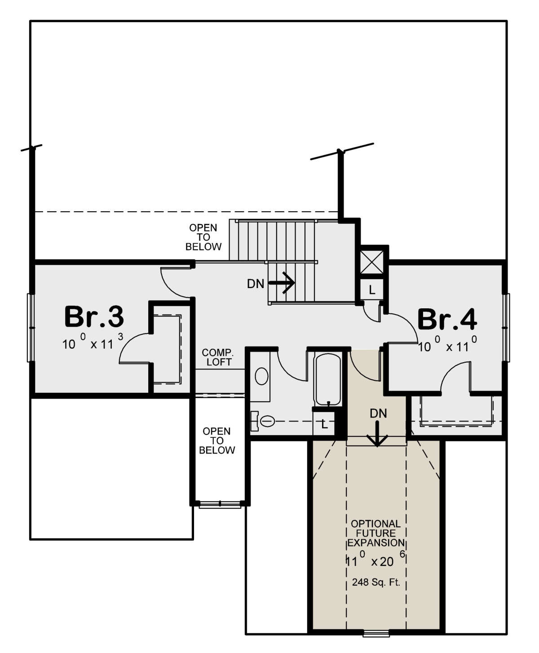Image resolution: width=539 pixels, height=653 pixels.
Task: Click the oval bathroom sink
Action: [x=261, y=376]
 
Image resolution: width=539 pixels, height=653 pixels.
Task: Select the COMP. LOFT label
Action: [x=217, y=357]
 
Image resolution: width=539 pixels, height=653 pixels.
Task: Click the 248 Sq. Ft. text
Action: [x=376, y=583]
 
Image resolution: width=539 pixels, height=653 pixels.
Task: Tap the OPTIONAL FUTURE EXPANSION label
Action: [x=376, y=533]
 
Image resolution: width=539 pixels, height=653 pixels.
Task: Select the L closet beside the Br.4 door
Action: [x=372, y=290]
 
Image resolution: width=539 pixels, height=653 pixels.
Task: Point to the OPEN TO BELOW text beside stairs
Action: [x=203, y=237]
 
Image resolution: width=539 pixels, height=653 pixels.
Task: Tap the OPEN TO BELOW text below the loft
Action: [x=217, y=441]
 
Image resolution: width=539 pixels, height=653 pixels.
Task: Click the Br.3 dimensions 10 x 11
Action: [x=93, y=344]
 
